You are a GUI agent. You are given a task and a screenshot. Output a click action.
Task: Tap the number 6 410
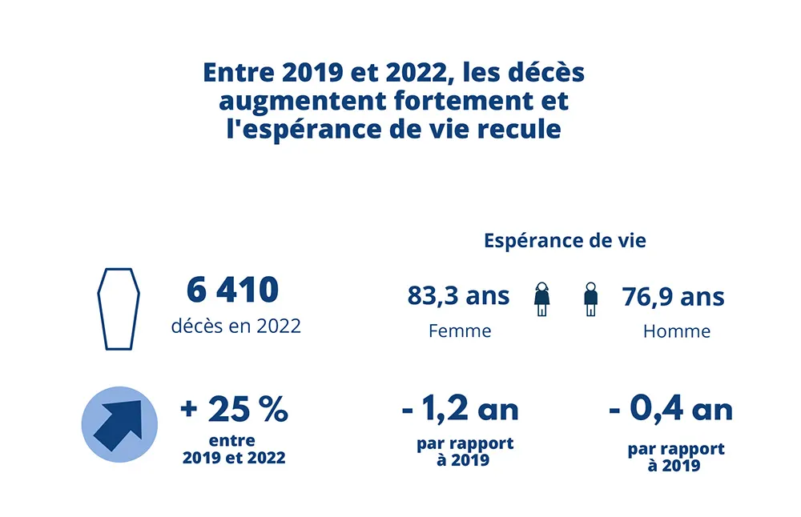[232, 290]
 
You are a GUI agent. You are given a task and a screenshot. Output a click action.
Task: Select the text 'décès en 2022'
[235, 326]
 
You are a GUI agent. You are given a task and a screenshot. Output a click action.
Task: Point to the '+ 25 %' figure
[234, 411]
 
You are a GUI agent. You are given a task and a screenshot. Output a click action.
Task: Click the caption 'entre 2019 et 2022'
[233, 449]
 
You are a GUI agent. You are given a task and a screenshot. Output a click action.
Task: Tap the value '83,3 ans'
[458, 295]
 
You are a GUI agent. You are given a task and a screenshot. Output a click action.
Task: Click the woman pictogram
[542, 299]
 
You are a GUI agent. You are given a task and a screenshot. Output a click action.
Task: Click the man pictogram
[591, 299]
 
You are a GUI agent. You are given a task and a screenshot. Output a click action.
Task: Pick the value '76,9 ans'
[673, 297]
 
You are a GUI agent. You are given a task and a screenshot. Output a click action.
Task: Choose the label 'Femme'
[460, 331]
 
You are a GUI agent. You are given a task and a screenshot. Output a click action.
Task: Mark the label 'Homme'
[676, 331]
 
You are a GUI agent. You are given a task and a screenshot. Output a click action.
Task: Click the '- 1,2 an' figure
[460, 410]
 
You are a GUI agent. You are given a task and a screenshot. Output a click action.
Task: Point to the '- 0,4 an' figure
[670, 410]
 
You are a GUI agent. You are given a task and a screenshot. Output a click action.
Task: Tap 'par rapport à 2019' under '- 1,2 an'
[465, 451]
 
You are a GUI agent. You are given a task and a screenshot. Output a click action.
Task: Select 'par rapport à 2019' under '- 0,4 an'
[675, 456]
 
